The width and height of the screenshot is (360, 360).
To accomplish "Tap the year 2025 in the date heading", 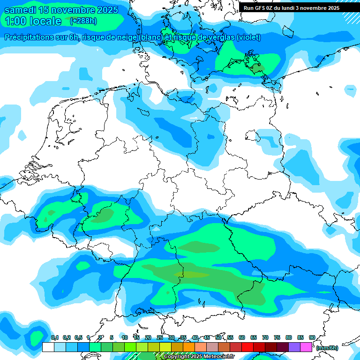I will [106, 10].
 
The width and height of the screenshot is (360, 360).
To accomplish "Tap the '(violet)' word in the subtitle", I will [249, 37].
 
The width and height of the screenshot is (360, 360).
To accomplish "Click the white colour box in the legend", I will [48, 347].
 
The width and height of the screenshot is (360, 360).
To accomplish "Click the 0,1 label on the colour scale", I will [54, 337].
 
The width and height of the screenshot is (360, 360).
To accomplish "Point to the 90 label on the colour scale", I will [312, 337].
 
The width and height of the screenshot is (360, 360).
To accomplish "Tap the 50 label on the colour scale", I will [218, 337].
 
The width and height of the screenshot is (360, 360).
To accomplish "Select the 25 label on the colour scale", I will [160, 337].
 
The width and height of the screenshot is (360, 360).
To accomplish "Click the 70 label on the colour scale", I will [265, 337].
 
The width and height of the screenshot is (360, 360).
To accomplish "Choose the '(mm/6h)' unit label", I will [327, 348].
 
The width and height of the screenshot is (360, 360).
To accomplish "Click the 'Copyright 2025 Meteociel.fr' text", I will [199, 356].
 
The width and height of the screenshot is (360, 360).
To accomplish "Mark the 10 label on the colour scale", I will [125, 337].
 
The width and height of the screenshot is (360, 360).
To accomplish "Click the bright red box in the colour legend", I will [247, 347].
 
